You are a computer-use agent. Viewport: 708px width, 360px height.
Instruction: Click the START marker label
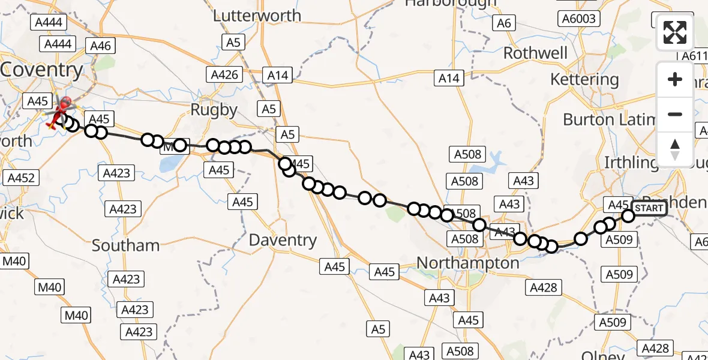pos(649,209)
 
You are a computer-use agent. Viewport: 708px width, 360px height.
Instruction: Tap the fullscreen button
pos(675,32)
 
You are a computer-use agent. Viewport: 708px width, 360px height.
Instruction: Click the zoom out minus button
pos(675,114)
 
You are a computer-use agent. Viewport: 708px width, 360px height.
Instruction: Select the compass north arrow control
pos(675,149)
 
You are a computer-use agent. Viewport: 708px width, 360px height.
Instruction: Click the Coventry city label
pos(42,70)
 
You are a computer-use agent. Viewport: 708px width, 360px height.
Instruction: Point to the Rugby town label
pos(214,110)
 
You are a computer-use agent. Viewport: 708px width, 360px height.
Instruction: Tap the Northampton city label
pos(468,263)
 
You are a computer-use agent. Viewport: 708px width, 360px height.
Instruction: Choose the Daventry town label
pos(283,241)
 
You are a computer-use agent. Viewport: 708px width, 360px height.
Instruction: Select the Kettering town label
pos(584,79)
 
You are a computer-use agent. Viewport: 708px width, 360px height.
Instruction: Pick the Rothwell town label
pos(535,53)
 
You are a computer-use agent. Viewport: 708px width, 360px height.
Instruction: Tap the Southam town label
pos(125,245)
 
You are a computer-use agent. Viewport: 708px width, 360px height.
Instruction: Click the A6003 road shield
pos(578,19)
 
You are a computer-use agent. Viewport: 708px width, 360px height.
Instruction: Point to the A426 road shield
pos(225,75)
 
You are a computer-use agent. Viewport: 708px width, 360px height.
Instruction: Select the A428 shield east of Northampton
pos(544,287)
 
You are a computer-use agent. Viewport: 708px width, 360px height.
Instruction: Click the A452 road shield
pos(22,178)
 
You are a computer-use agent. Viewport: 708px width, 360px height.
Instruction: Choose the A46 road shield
pos(101,46)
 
